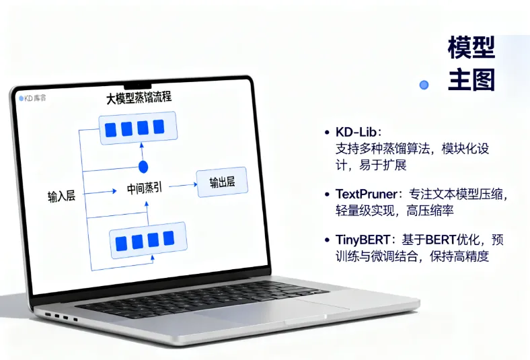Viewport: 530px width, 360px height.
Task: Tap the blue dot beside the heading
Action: (x=424, y=85)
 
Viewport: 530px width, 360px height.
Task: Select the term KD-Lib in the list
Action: (x=359, y=131)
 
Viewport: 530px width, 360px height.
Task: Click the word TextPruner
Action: (x=367, y=194)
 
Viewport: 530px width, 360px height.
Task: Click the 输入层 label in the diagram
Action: (x=61, y=196)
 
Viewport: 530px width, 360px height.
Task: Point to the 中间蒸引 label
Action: (x=145, y=188)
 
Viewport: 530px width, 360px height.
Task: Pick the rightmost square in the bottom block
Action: (x=168, y=238)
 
